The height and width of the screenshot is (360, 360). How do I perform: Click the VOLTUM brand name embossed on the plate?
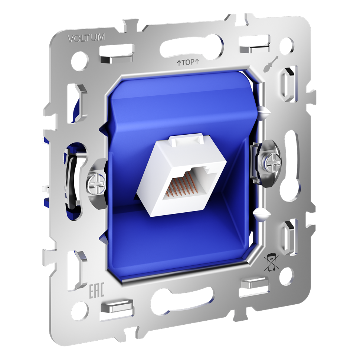point(87,37)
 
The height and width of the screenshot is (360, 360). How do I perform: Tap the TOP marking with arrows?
point(188,62)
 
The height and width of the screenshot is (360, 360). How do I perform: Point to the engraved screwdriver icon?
point(270,64)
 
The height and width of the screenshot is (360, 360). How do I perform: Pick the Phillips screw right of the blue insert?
point(272,162)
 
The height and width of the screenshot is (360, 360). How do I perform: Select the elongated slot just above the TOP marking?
point(192,47)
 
